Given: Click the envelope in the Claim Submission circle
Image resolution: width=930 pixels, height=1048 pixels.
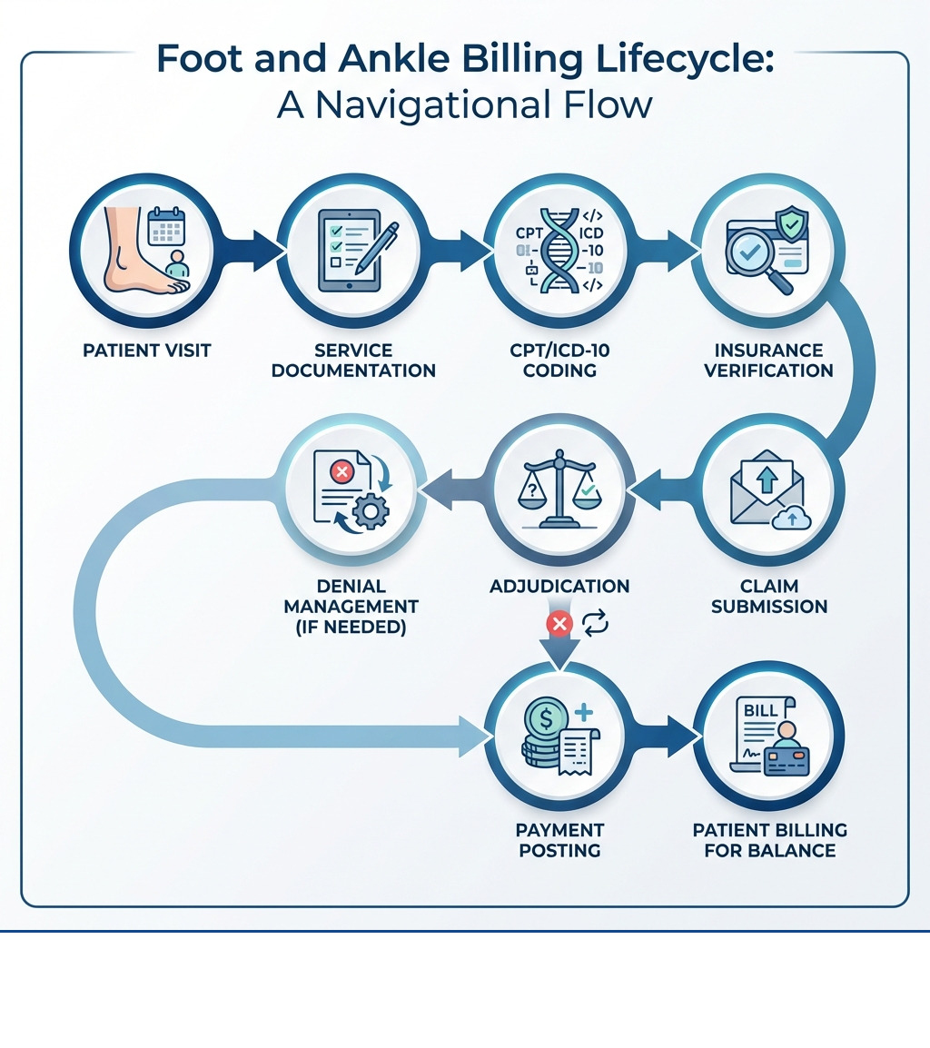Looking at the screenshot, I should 765,490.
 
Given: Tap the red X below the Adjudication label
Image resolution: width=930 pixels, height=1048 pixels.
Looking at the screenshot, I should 556,625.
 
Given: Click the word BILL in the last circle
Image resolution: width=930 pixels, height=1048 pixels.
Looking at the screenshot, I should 761,711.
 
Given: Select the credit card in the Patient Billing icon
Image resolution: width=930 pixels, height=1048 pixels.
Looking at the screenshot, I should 787,761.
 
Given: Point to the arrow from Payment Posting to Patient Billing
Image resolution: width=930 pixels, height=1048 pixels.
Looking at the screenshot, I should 671,735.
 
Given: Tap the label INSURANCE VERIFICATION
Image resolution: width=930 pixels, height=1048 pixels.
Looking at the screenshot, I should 768,361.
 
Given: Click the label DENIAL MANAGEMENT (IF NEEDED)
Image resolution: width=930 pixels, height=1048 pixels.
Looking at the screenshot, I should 351,606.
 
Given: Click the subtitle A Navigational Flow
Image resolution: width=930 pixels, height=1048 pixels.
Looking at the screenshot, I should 465,105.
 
